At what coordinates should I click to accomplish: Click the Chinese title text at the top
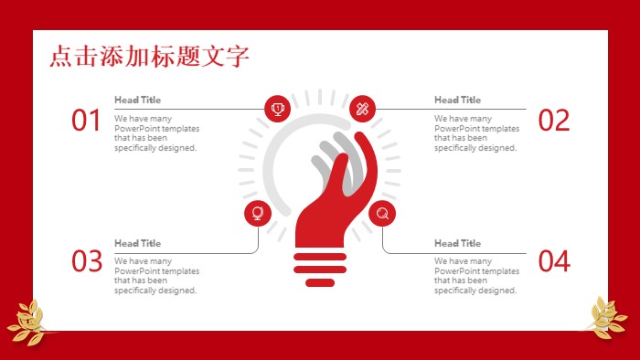tap(149, 57)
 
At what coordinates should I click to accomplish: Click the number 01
tap(86, 121)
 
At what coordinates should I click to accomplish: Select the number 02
tap(554, 121)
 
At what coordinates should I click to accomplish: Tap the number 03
tap(86, 262)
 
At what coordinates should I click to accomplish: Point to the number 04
tap(554, 262)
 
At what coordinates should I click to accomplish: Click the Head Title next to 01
tap(137, 100)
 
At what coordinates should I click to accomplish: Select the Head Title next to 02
tap(457, 100)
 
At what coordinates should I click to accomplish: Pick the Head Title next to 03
tap(137, 243)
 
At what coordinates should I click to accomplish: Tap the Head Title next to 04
tap(457, 243)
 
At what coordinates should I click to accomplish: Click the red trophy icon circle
tap(277, 108)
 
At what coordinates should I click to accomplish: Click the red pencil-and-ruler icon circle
tap(363, 108)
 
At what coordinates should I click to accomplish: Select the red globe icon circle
tap(257, 214)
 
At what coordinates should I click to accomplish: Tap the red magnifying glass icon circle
tap(382, 214)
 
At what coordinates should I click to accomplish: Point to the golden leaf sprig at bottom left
tap(27, 322)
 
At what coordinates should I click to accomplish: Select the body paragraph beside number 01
tap(156, 133)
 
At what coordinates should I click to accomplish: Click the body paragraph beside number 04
tap(476, 276)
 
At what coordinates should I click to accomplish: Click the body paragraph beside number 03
tap(156, 276)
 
